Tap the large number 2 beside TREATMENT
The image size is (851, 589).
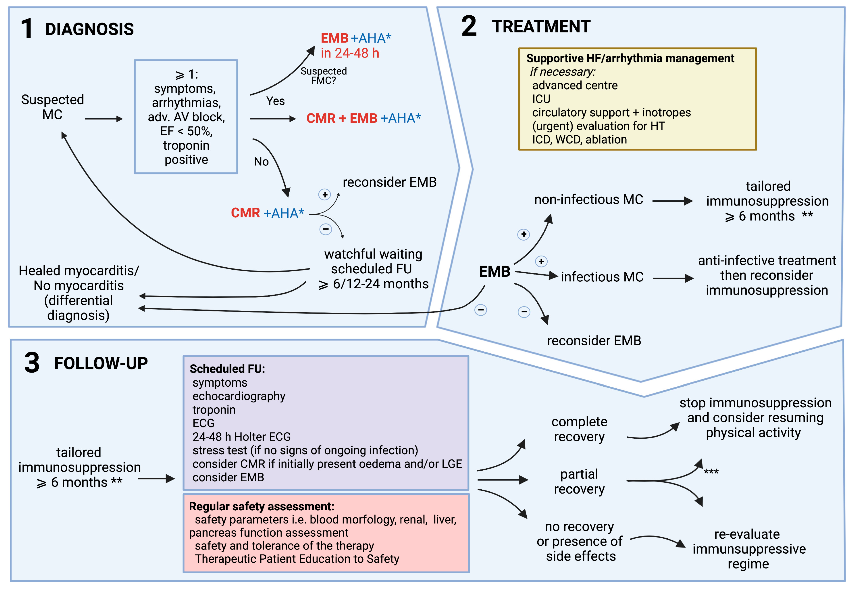click(x=469, y=26)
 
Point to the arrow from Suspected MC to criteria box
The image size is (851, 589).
click(x=103, y=119)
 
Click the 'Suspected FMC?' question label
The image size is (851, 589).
click(x=324, y=76)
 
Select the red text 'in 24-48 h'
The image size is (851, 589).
click(x=350, y=53)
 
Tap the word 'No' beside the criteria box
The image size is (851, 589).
click(x=261, y=162)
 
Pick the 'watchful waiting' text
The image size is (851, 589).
click(x=373, y=254)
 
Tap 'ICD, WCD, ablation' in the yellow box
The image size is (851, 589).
click(x=579, y=140)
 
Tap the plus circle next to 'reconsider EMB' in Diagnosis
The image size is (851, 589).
click(x=325, y=195)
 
